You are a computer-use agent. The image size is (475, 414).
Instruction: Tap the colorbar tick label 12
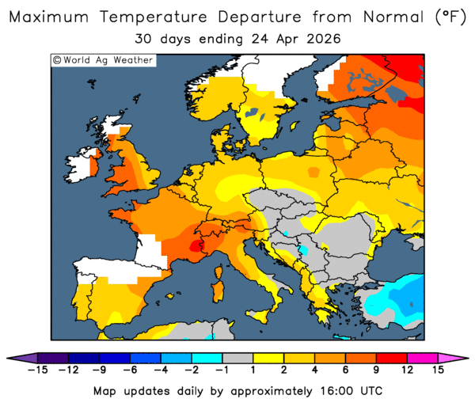[406, 370]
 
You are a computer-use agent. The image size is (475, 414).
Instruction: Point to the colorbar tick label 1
[253, 370]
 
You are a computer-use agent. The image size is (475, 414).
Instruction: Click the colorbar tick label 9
[375, 370]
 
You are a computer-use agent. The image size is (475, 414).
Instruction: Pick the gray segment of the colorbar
[237, 358]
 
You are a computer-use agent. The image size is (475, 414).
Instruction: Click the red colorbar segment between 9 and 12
[390, 358]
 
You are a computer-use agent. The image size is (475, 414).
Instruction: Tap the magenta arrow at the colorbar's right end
[446, 358]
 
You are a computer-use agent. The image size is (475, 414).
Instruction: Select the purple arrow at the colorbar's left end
[27, 358]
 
